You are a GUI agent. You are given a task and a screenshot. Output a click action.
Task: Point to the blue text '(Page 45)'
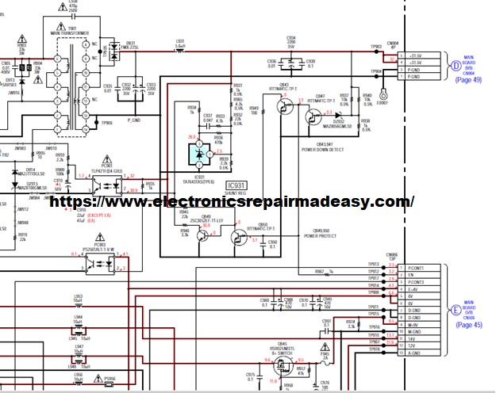469,324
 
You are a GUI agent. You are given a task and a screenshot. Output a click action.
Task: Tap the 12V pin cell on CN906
417,345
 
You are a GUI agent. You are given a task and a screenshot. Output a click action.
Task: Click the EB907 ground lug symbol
382,94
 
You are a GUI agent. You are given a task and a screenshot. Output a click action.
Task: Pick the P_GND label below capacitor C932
133,120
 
